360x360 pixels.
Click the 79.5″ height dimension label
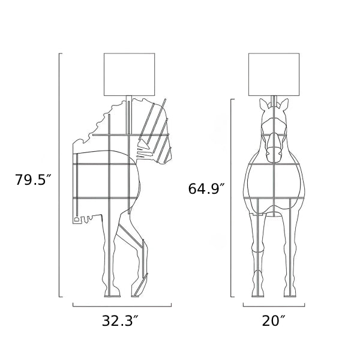(33, 179)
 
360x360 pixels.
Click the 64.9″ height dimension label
(206, 188)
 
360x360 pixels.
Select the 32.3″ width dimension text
(121, 320)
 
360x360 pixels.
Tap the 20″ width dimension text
(274, 320)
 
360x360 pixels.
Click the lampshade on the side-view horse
(129, 74)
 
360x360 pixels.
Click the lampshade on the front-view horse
(274, 74)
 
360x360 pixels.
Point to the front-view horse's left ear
(263, 104)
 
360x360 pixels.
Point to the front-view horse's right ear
(284, 104)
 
